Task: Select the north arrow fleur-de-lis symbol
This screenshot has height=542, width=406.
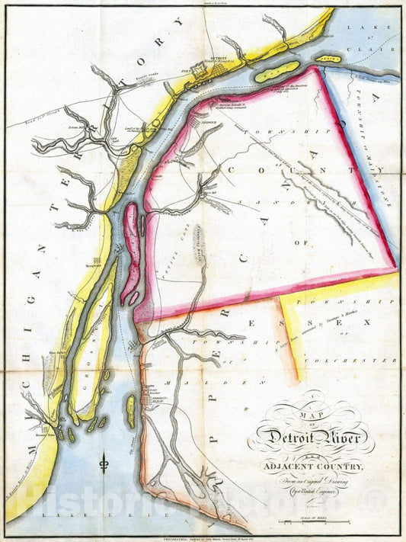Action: [x=104, y=461]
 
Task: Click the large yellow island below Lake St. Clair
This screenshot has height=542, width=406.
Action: [x=277, y=72]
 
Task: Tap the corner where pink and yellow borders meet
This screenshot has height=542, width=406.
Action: [x=397, y=268]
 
